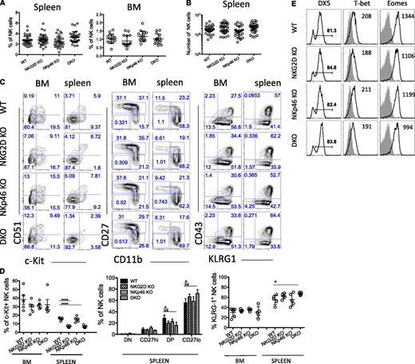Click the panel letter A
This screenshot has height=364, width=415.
tap(4, 6)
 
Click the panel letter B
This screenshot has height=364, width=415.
tap(185, 6)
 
